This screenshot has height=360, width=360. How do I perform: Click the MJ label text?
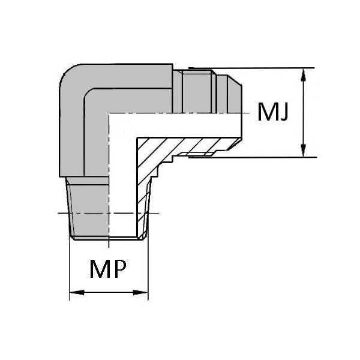[273, 112]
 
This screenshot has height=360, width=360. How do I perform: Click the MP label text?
[108, 269]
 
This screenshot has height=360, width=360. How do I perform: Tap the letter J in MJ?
[284, 112]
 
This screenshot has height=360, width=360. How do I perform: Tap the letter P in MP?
[120, 269]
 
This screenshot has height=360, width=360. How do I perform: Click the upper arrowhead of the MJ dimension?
[303, 76]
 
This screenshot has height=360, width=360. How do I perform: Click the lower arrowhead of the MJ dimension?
[303, 151]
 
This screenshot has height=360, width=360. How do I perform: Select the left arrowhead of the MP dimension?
[77, 293]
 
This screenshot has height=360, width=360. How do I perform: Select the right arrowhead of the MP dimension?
[140, 293]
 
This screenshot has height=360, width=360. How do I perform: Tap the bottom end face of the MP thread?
[108, 238]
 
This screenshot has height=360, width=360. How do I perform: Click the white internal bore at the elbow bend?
[122, 126]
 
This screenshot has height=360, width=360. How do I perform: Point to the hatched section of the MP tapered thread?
[143, 206]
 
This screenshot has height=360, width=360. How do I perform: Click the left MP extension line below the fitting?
[70, 269]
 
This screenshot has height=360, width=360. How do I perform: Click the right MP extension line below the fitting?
[148, 269]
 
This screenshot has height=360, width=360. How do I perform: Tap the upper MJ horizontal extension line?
[251, 68]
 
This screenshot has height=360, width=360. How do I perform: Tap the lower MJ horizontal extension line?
[253, 157]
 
